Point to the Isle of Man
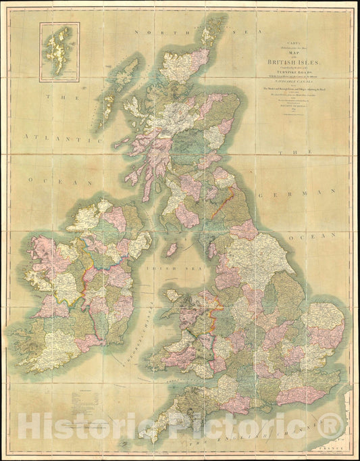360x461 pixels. (172, 249)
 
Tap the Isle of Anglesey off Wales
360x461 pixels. (173, 295)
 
